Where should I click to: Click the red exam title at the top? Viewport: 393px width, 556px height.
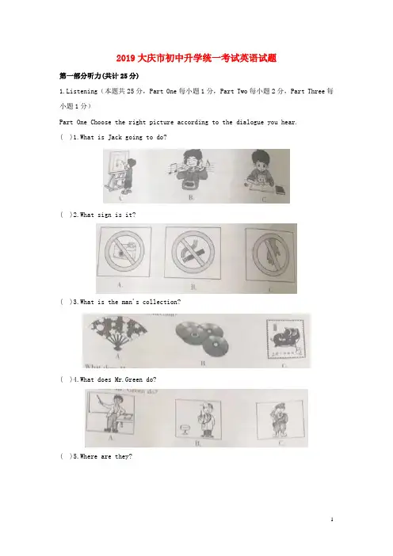pos(196,58)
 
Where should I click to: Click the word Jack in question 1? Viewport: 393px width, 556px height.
pos(115,137)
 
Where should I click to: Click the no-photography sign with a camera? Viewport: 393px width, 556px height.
pos(124,252)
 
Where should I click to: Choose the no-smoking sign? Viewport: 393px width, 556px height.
pos(193,253)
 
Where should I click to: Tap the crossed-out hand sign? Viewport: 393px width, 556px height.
pos(271,254)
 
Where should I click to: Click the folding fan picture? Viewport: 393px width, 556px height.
pos(118,333)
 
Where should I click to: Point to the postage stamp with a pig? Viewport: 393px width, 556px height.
pos(285,339)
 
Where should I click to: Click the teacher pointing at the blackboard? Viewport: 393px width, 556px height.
pos(111,413)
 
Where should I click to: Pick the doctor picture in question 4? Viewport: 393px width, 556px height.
pos(199,419)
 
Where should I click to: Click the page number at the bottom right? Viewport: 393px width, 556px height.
pos(332,520)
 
